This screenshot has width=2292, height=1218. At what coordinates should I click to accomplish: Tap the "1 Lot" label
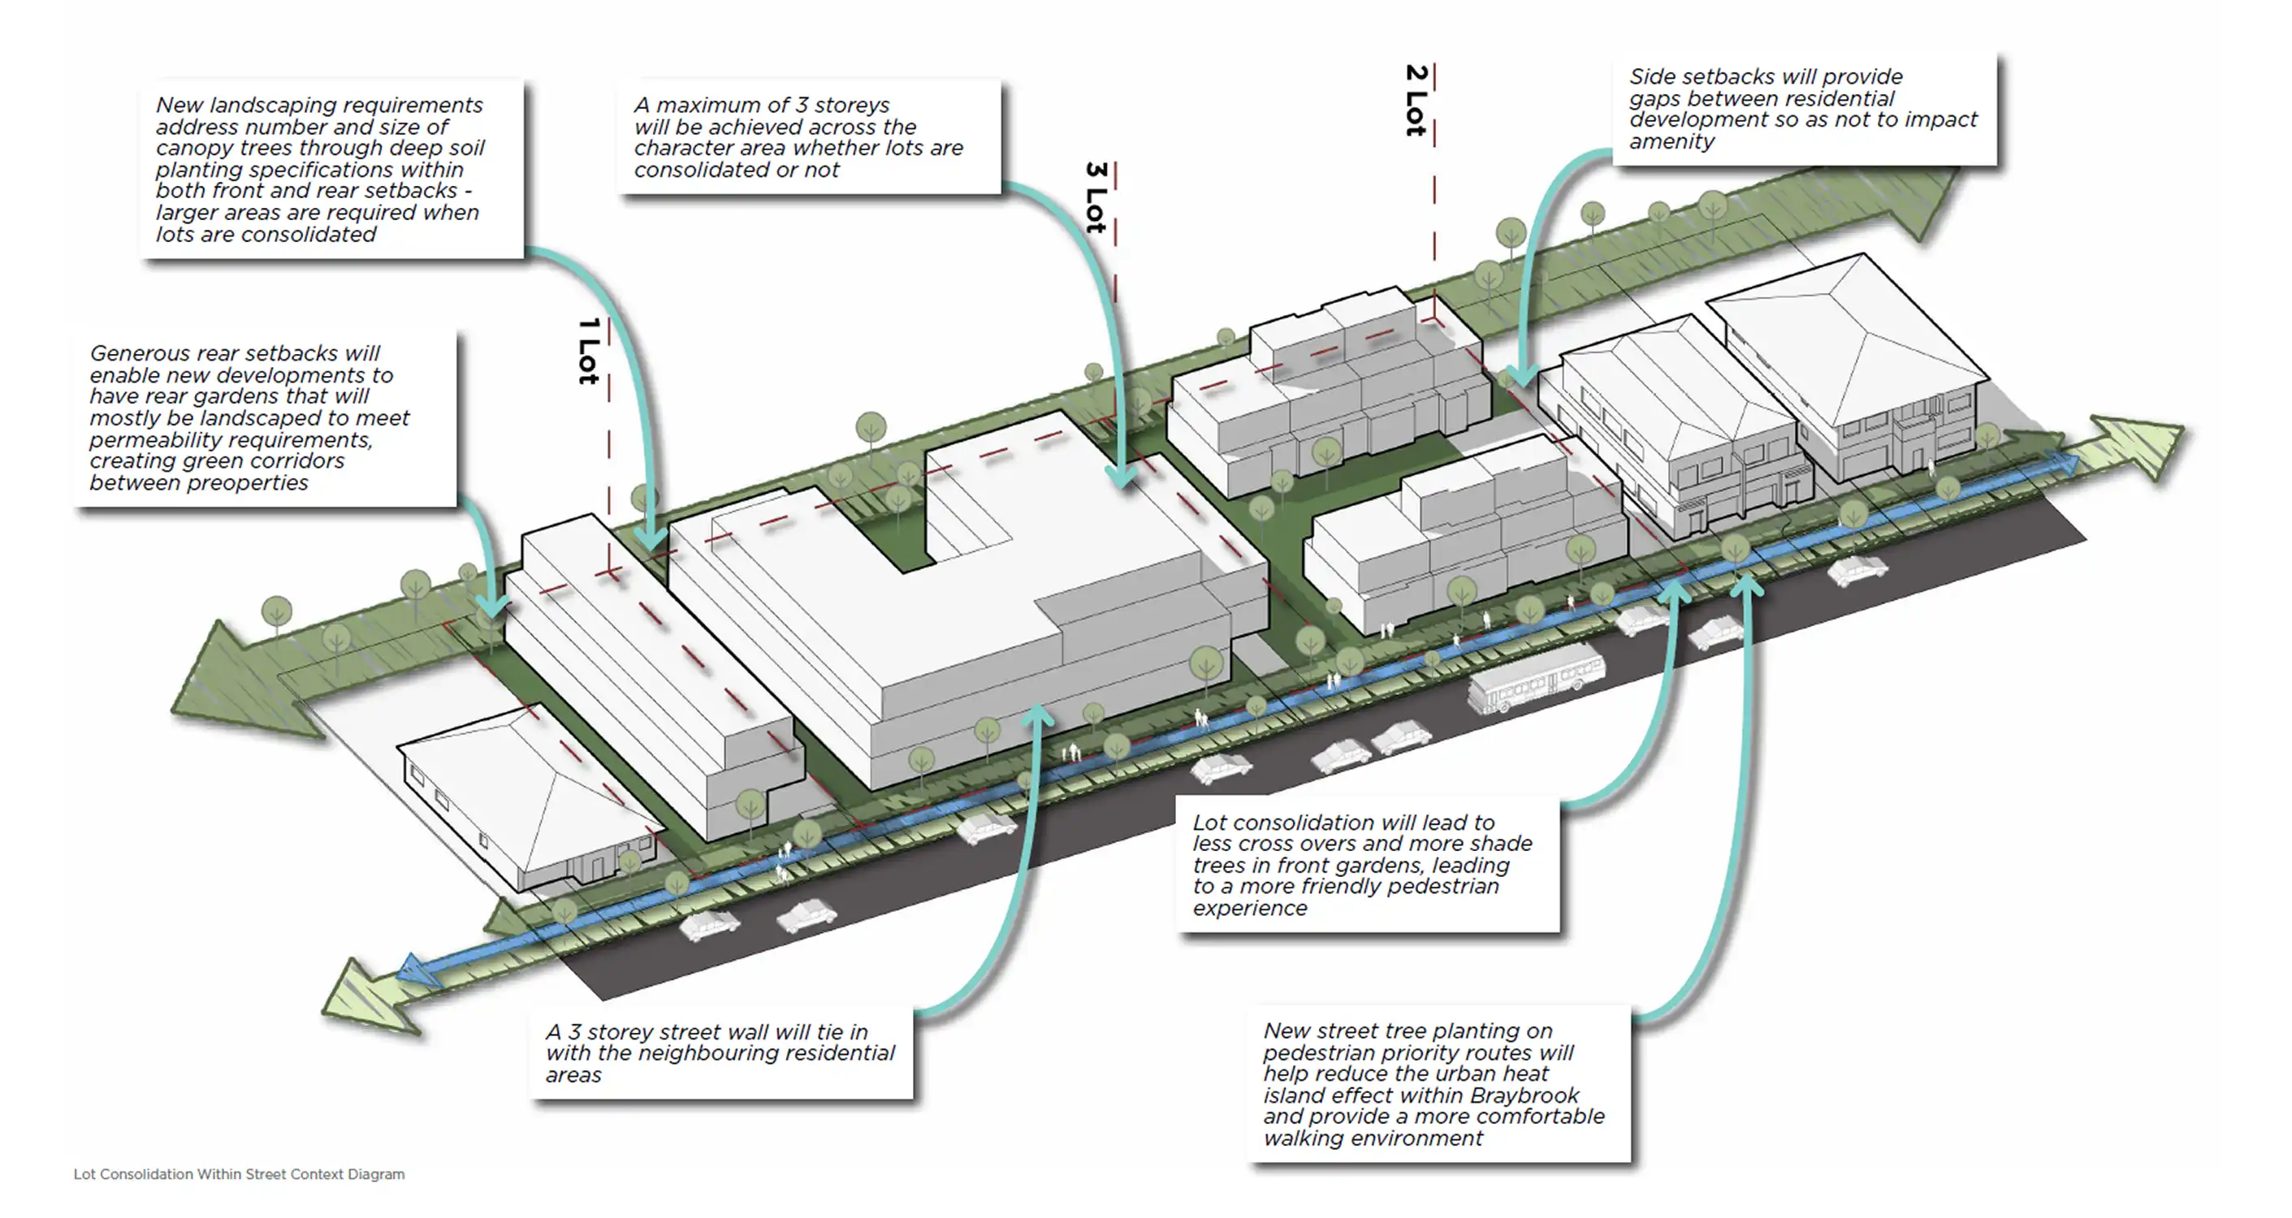588,352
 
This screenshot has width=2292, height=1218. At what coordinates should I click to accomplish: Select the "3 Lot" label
1096,197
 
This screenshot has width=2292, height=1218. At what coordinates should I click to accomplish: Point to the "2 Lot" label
1416,100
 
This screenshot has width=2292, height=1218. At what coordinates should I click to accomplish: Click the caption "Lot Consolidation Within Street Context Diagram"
239,1174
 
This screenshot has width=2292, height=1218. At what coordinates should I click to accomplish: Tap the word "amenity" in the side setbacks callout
1671,141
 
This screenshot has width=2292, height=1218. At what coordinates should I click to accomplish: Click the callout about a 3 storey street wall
720,1053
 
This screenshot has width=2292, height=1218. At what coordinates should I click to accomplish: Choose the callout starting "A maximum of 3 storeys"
809,137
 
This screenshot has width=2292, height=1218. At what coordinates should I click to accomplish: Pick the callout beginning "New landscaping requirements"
331,169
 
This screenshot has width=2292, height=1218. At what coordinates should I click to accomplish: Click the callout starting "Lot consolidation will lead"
1367,865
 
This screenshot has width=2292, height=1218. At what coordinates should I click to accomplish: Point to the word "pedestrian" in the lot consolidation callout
1444,887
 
